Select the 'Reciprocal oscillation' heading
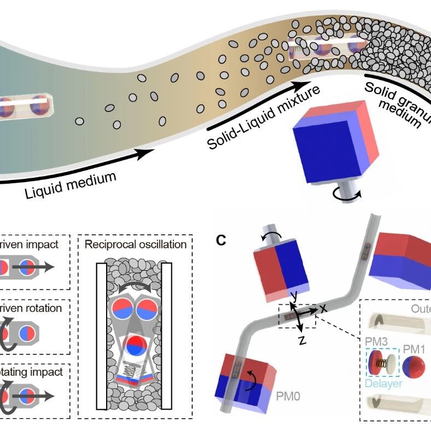pos(136,244)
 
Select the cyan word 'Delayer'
pos(383,383)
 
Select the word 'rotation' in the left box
pos(41,308)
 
